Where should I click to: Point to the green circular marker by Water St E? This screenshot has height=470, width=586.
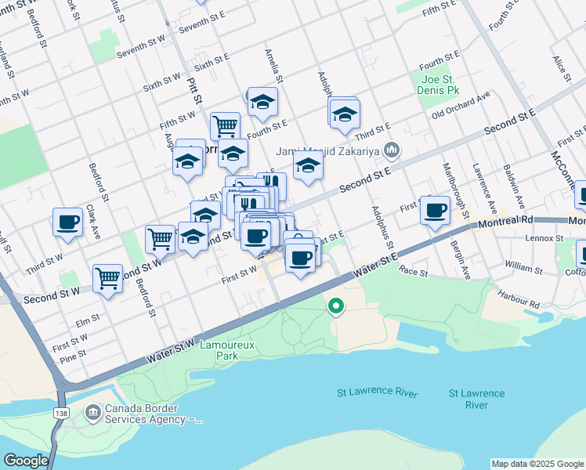(x=336, y=306)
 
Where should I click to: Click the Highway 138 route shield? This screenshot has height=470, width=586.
(x=60, y=412)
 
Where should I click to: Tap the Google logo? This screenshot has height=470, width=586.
(x=25, y=461)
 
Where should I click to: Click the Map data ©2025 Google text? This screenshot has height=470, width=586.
(x=537, y=464)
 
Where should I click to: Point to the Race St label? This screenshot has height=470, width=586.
(x=413, y=273)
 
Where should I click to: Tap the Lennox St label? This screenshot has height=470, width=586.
(x=544, y=237)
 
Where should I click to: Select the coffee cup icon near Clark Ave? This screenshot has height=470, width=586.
(x=68, y=222)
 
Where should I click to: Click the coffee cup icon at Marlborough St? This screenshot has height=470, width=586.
(x=435, y=210)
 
